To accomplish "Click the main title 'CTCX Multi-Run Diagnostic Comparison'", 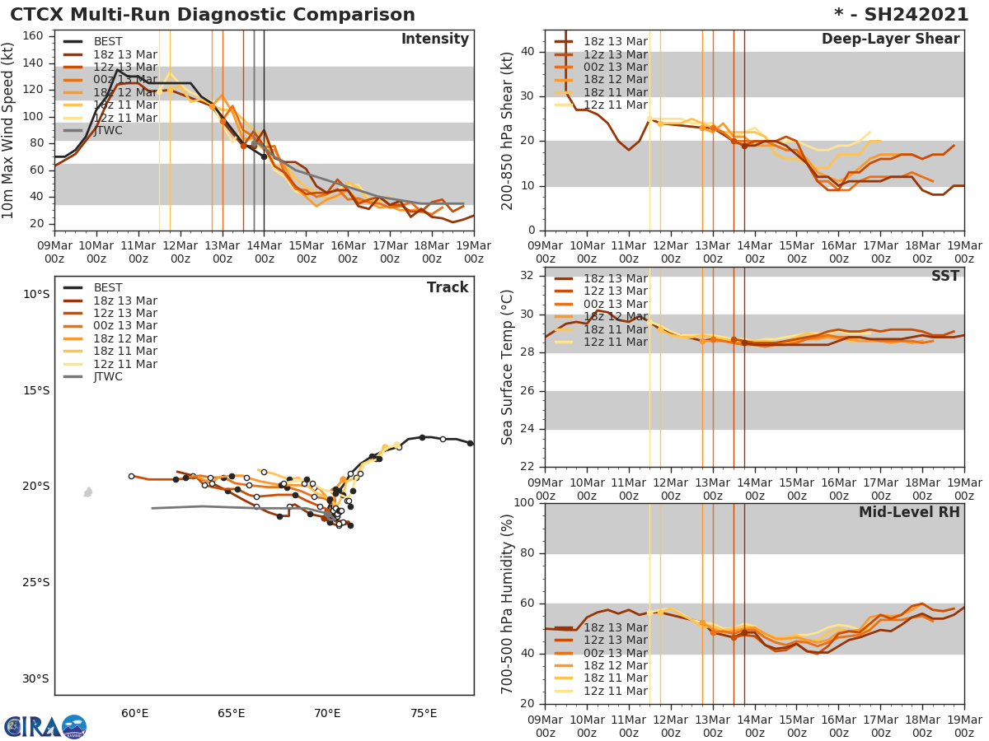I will (213, 15).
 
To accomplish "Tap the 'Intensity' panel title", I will (434, 40).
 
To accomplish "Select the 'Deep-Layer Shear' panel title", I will (890, 40).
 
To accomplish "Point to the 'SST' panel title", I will (944, 277).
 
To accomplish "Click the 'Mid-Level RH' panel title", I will (909, 513).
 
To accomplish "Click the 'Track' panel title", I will (448, 287).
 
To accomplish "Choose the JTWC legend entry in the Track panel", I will (107, 377).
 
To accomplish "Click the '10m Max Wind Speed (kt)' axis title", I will (9, 130).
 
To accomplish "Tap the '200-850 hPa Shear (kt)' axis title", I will (508, 130).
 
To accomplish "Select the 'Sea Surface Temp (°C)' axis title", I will (508, 366).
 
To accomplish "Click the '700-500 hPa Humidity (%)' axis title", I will (508, 604).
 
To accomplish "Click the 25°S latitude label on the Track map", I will (35, 583).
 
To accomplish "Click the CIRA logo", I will (45, 727).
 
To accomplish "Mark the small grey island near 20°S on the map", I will (88, 492).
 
